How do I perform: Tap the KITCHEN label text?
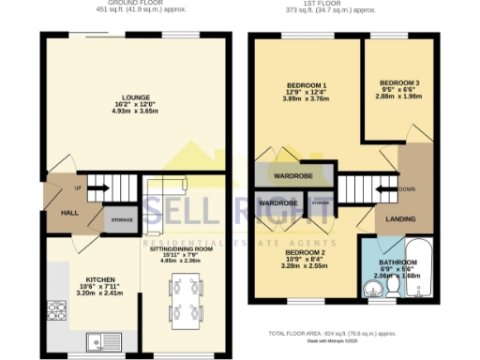[x=100, y=279]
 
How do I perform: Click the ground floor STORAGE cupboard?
[x=123, y=220]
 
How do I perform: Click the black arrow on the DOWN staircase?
[x=384, y=194]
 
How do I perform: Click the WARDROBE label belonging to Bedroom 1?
[x=292, y=175]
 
